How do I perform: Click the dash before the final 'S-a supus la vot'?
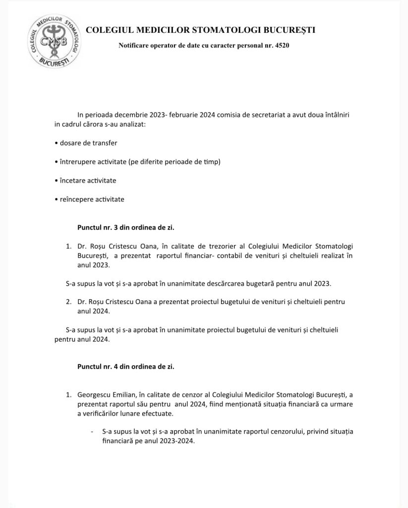93,432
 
